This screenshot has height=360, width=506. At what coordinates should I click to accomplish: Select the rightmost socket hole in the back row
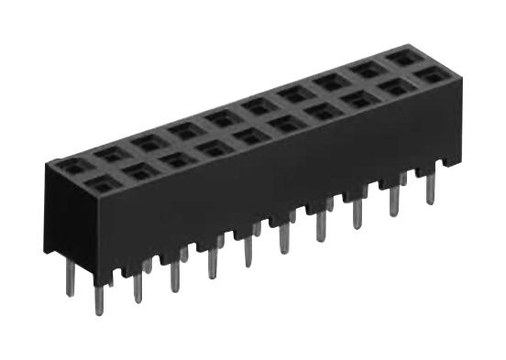[x=405, y=57]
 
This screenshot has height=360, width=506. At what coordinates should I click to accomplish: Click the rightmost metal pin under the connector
[x=430, y=187]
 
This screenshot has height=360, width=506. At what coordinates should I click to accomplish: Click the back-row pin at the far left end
[x=70, y=279]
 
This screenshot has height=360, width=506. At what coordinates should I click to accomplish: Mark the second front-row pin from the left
[x=137, y=286]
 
